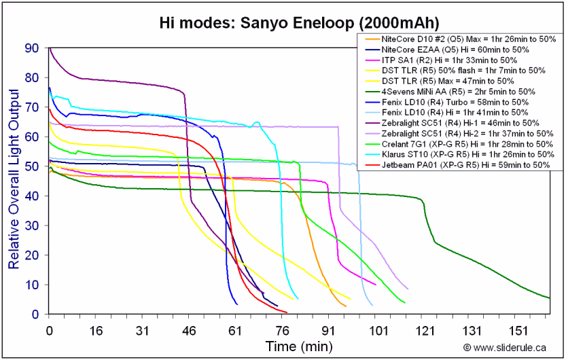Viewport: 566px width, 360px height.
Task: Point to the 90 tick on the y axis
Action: click(31, 48)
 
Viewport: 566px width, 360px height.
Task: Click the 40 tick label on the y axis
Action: click(31, 196)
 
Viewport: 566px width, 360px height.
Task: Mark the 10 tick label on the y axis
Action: click(31, 285)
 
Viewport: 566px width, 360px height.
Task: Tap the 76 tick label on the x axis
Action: click(282, 330)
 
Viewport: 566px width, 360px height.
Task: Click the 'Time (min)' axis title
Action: click(299, 346)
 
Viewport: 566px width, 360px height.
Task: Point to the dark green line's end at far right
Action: click(549, 298)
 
